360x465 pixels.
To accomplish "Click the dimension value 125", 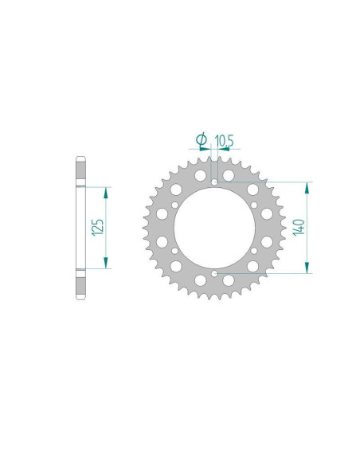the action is [98, 228].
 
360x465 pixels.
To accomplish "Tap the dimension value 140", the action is [299, 227].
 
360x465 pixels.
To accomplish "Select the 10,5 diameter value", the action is [224, 141].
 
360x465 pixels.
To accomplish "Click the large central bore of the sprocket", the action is [214, 228].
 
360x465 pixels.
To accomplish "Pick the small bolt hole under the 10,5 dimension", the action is [214, 182].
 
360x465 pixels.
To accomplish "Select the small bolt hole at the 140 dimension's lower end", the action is [214, 273].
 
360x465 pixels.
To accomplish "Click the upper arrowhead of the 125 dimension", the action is [106, 193].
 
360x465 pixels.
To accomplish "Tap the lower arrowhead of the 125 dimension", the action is [106, 263].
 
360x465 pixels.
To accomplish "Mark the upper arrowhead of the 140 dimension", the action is [307, 188].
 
